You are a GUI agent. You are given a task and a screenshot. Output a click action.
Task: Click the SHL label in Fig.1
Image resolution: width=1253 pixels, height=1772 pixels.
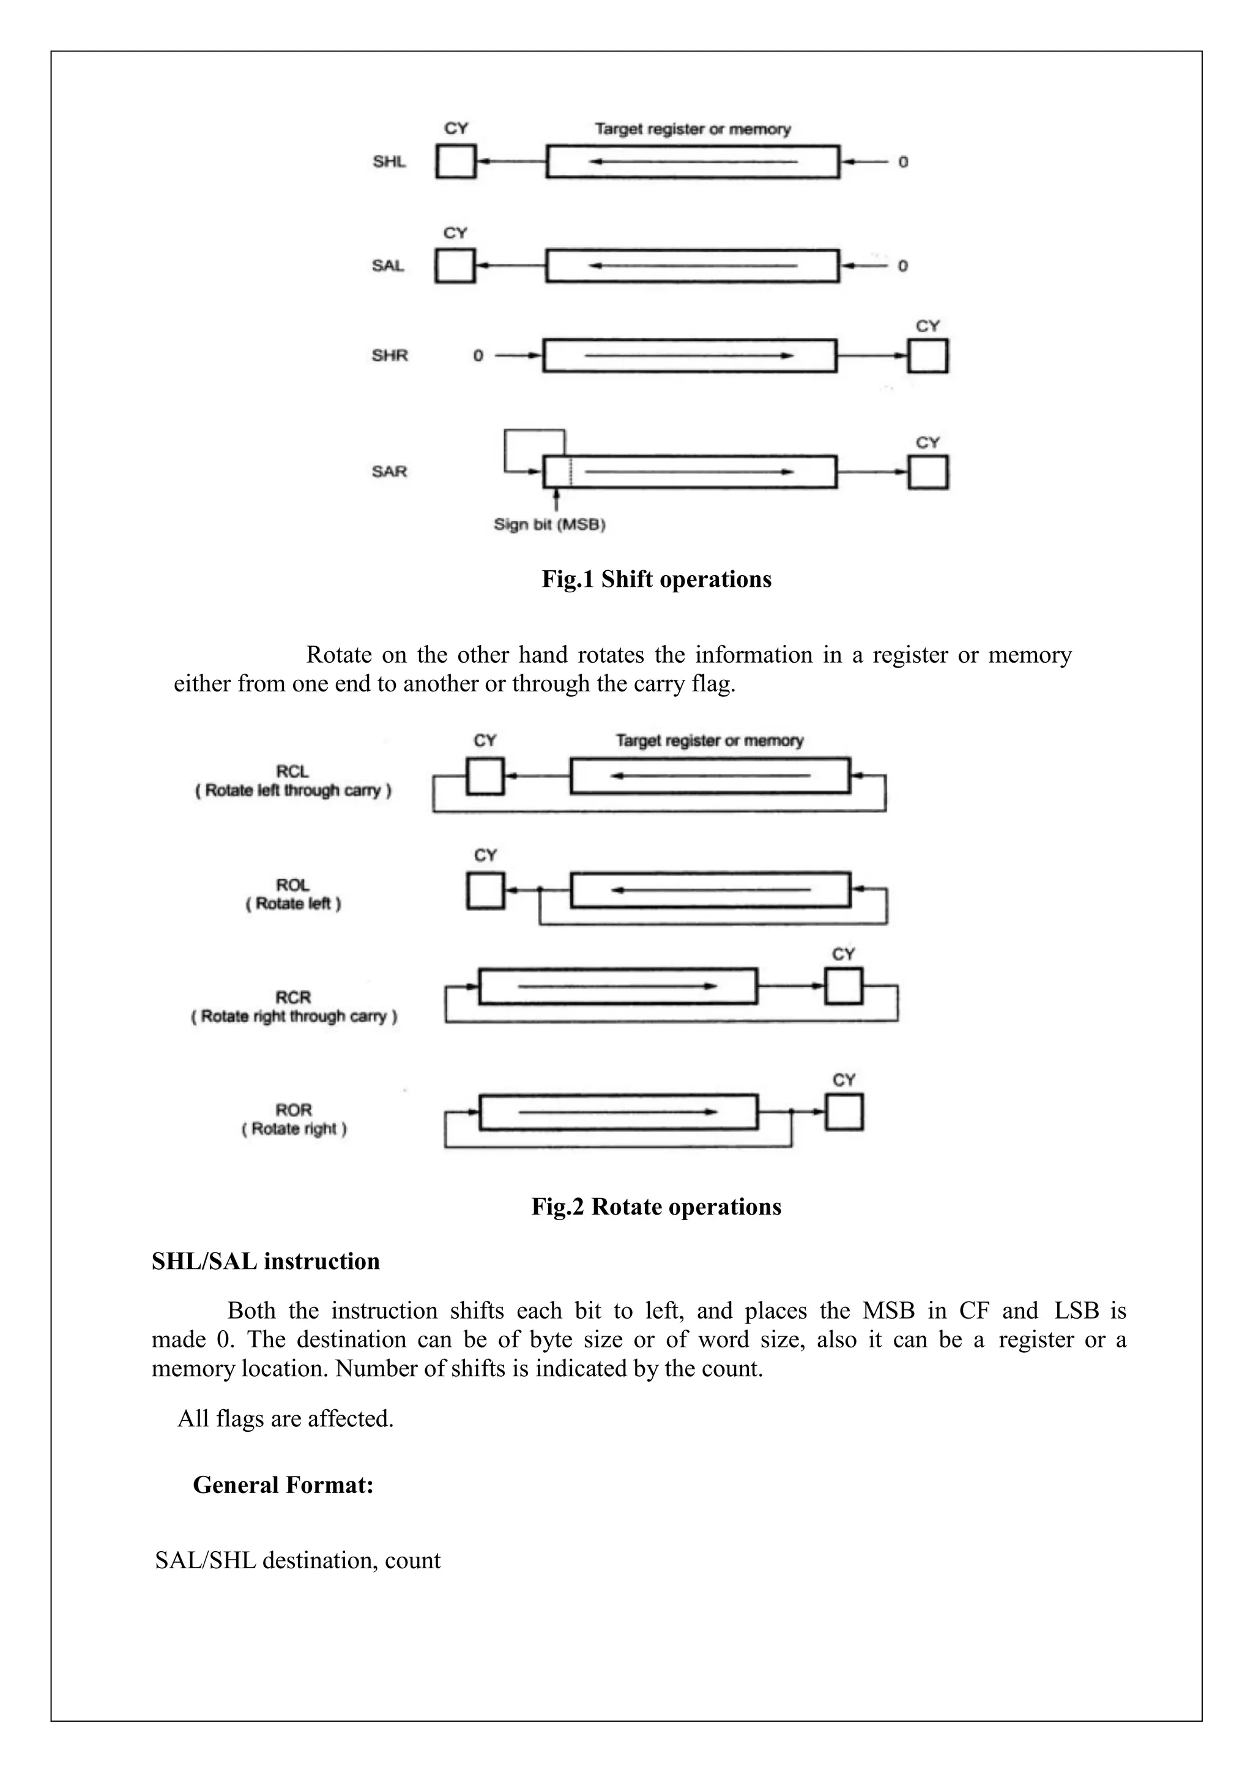[x=389, y=162]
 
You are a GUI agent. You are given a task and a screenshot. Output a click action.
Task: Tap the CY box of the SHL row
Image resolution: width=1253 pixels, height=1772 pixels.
[x=455, y=162]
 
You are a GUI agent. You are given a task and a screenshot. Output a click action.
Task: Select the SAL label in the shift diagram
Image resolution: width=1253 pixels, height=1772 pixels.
[x=387, y=266]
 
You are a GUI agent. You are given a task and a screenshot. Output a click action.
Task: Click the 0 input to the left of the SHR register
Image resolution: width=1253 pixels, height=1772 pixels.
[x=478, y=356]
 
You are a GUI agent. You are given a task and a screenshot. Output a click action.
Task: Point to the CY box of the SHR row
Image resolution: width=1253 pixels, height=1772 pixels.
[x=928, y=356]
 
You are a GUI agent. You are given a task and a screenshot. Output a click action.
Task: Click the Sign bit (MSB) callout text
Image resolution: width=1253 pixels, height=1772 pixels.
[x=549, y=525]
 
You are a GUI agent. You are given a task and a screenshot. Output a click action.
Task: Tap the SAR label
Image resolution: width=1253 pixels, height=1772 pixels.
[x=389, y=472]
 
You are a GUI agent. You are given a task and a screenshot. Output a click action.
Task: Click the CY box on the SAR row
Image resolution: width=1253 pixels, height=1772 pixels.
[x=928, y=472]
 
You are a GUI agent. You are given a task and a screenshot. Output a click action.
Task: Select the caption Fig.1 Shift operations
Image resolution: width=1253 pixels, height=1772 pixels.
[x=656, y=579]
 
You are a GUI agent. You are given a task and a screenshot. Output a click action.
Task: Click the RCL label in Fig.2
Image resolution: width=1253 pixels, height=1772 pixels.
[x=292, y=771]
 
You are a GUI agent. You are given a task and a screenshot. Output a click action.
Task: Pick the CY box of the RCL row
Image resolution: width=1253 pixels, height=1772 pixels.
[x=485, y=776]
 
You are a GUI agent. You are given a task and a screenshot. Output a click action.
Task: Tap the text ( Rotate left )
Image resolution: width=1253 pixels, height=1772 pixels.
[x=293, y=904]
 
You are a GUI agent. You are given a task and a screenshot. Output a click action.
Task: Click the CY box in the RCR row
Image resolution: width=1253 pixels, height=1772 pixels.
[x=843, y=986]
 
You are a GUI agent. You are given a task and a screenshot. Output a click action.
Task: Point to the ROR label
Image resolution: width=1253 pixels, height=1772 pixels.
[x=293, y=1110]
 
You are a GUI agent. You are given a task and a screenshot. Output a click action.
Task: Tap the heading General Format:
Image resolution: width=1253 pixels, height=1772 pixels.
[x=283, y=1485]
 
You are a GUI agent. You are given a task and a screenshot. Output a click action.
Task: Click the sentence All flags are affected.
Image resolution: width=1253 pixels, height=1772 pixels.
[x=286, y=1418]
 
